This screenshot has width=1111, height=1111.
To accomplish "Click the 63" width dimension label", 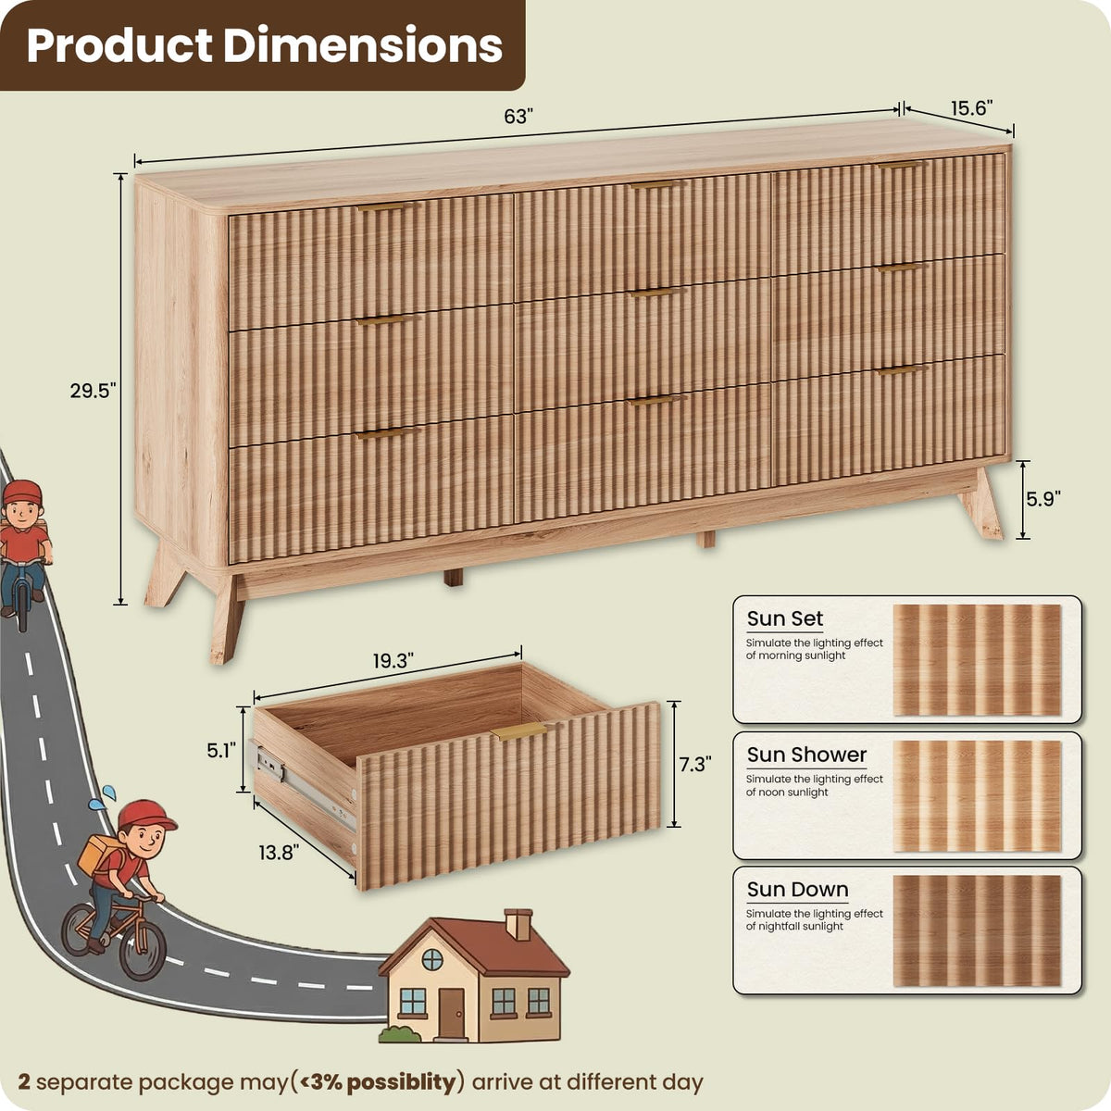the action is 516,117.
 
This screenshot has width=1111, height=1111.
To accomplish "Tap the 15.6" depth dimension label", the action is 972,107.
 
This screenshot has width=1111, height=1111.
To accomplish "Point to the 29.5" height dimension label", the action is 93,391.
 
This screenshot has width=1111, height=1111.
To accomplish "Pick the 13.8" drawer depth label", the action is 279,852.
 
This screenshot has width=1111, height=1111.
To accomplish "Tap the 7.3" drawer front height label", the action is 695,765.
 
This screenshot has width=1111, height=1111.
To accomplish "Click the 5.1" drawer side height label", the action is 222,750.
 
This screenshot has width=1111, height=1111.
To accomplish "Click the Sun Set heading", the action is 785,618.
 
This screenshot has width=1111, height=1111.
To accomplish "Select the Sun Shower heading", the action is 806,755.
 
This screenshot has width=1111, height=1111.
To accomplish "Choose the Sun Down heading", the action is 797,890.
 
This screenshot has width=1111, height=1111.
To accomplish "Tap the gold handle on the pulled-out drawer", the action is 518,731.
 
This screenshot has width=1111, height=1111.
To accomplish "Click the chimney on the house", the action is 518,924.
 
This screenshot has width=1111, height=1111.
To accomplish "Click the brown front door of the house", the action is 451,1013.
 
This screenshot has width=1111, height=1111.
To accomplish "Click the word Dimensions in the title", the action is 363,45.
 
